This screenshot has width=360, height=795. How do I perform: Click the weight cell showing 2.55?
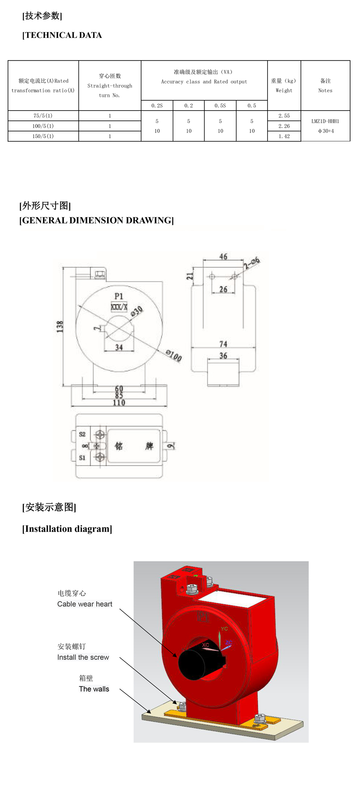pos(284,116)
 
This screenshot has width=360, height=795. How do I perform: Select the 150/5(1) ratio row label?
pos(43,136)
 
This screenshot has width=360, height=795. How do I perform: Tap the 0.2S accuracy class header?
pos(157,106)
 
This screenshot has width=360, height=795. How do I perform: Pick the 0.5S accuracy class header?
pos(220,106)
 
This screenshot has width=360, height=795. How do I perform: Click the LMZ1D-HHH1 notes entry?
pos(325,122)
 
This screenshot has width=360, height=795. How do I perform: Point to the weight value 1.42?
pos(284,136)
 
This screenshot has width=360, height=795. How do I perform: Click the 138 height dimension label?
pos(60,326)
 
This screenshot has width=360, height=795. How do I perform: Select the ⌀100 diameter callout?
pos(174,356)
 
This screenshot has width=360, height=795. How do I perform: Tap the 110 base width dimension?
pos(119,403)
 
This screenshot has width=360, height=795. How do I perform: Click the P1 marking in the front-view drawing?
pos(119,296)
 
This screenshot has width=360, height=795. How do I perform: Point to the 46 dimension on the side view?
pos(223,257)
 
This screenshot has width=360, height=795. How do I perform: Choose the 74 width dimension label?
pos(223,344)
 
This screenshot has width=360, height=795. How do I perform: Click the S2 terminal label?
pos(82,434)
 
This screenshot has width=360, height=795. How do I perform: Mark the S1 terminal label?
pos(82,458)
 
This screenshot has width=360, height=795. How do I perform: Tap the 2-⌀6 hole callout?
pos(252,262)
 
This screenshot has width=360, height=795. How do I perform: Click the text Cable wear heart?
pos(85,604)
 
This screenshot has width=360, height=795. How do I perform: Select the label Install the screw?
pos(83,657)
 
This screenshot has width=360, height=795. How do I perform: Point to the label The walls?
pos(94,689)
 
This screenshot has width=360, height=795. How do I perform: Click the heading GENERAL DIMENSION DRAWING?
pos(97,220)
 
